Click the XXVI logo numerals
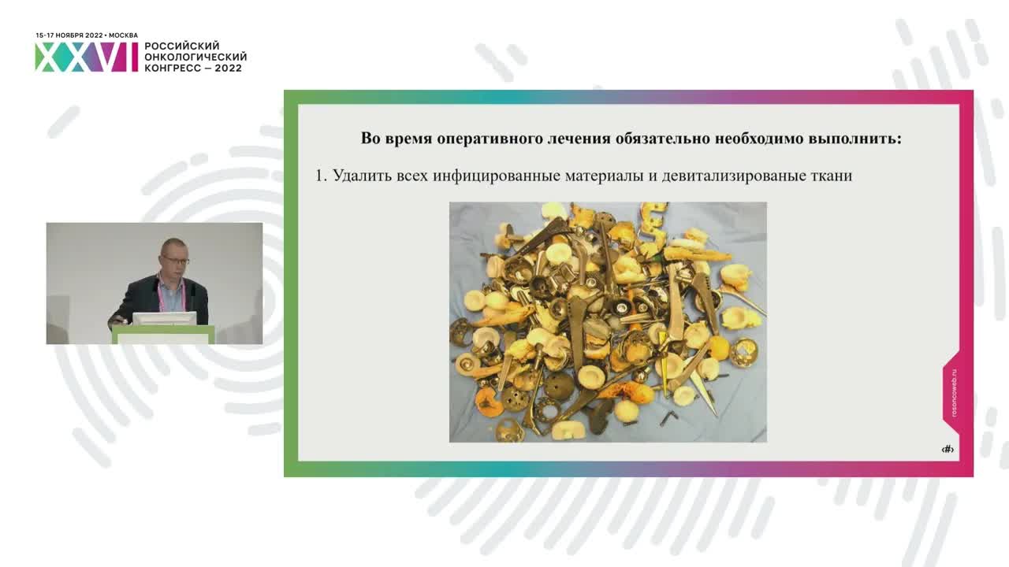pos(85,57)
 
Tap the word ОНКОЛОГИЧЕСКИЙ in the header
pos(195,57)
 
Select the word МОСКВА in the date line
pos(123,35)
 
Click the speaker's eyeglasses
pos(177,260)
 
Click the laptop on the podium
pos(163,318)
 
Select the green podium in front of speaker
pos(162,335)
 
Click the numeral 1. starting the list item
pos(321,176)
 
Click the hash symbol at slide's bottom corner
pos(948,449)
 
